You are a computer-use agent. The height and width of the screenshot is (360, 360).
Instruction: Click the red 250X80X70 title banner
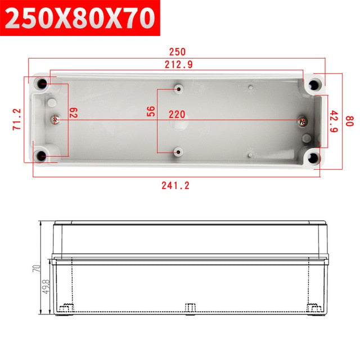pyautogui.click(x=79, y=19)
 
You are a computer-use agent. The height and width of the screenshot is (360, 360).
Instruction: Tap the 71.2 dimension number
pyautogui.click(x=17, y=119)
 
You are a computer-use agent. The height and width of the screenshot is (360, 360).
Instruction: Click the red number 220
pyautogui.click(x=177, y=114)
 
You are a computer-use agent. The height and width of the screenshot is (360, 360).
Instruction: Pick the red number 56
pyautogui.click(x=151, y=111)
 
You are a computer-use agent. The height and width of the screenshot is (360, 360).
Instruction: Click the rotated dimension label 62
pyautogui.click(x=73, y=112)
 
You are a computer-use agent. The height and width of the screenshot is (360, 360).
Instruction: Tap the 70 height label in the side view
pyautogui.click(x=35, y=269)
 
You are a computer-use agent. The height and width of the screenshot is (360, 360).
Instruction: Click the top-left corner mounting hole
pyautogui.click(x=43, y=85)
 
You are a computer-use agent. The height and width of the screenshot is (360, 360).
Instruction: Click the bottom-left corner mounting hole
pyautogui.click(x=42, y=155)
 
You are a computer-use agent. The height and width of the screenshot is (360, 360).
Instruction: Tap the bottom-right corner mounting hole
pyautogui.click(x=314, y=156)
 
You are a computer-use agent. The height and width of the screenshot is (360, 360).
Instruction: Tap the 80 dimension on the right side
pyautogui.click(x=349, y=120)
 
